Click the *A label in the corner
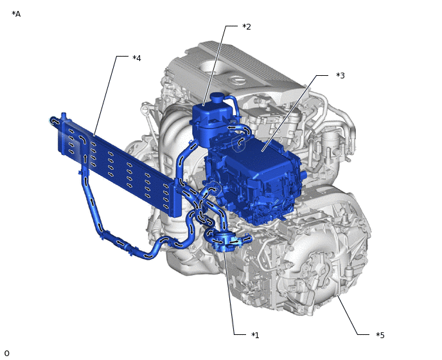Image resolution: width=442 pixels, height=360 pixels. [x=16, y=14]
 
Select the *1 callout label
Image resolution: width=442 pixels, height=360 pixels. [x=255, y=335]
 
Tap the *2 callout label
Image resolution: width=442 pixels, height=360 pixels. [x=247, y=26]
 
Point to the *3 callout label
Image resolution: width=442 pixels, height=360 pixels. [x=340, y=76]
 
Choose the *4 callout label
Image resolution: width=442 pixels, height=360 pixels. [x=137, y=58]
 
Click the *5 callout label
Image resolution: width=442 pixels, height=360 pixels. [x=380, y=335]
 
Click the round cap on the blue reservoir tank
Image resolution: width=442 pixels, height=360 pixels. [x=217, y=98]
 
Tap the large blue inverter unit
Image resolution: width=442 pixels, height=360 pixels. [x=254, y=175]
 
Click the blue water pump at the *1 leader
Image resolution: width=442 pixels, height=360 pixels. [x=225, y=242]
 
